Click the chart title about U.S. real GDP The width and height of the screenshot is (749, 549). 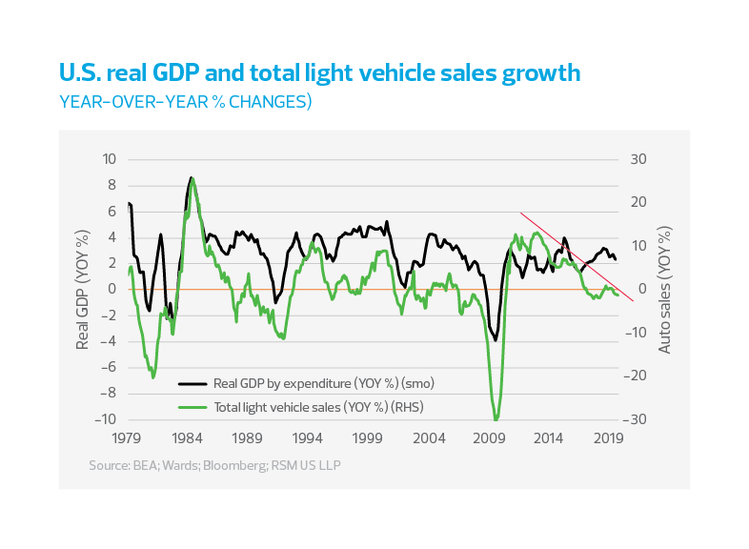coord(319,73)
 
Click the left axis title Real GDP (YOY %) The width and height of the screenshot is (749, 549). coord(83,289)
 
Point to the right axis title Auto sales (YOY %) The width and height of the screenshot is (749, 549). coord(664,289)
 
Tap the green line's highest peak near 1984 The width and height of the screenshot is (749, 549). coord(192,178)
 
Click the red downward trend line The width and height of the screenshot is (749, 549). coord(577,256)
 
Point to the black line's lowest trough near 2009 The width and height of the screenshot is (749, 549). coord(495,340)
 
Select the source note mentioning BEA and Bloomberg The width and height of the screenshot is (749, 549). coord(214,465)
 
